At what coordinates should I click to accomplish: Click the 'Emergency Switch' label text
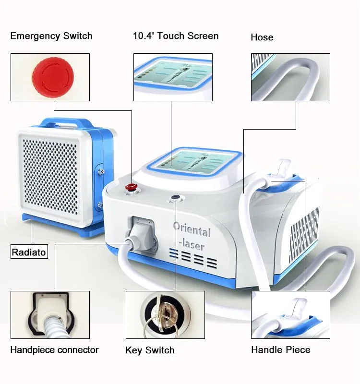point(51,36)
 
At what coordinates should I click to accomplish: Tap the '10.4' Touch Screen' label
point(175,36)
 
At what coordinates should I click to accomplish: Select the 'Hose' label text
point(262,37)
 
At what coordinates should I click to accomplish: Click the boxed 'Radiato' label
point(29,252)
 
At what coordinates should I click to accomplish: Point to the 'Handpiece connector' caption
point(54,350)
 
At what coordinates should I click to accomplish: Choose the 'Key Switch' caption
point(150,350)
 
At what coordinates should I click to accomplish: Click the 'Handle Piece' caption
point(280,350)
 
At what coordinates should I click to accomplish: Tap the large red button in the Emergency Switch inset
point(53,77)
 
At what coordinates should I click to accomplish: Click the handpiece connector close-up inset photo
point(50,315)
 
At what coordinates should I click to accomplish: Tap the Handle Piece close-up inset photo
point(290,315)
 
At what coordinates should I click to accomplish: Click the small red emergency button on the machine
point(130,187)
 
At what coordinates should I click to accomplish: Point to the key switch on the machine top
point(175,197)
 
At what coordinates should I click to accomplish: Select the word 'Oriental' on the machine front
point(192,230)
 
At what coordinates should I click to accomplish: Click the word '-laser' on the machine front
point(192,245)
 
